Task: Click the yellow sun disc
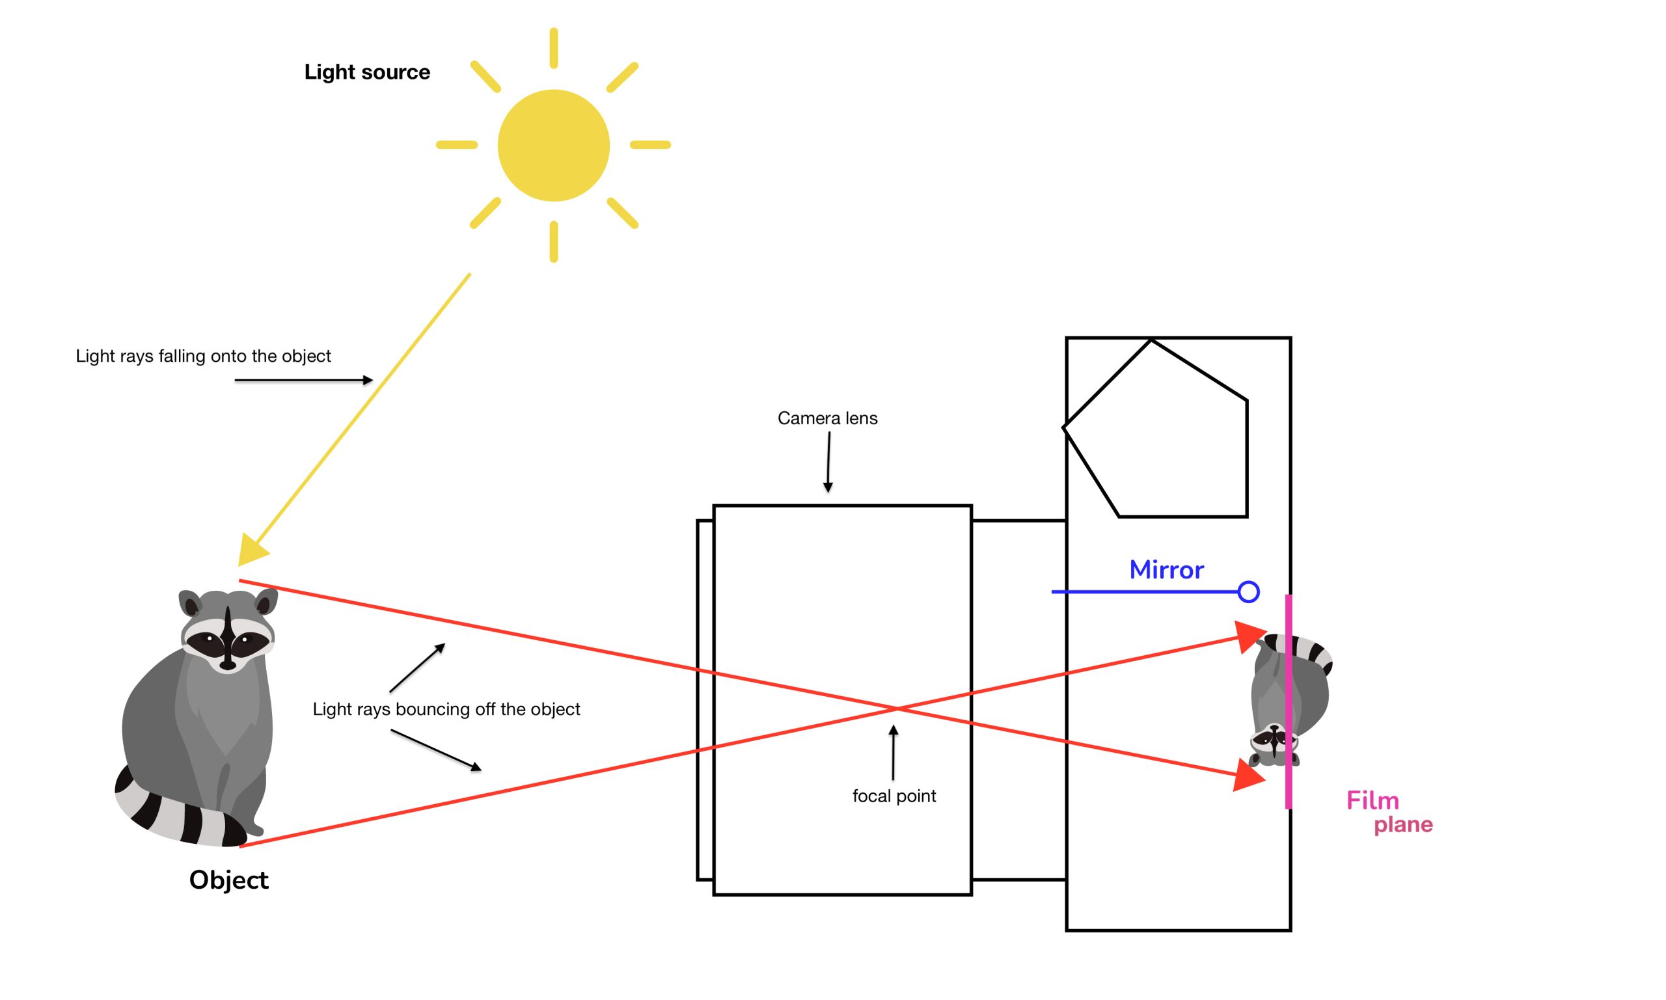click(x=553, y=145)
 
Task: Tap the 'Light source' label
click(x=366, y=72)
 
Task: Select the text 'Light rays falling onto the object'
click(x=203, y=356)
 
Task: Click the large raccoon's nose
click(x=228, y=664)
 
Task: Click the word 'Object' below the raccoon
click(x=228, y=880)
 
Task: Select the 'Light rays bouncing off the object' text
click(x=446, y=709)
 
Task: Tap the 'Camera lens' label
click(x=827, y=418)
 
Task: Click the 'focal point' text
click(x=894, y=796)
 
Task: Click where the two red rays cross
click(x=896, y=708)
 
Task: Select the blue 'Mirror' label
click(x=1166, y=570)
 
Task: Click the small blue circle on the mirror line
click(x=1248, y=591)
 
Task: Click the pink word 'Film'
click(x=1372, y=800)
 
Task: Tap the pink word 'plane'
click(x=1403, y=824)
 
